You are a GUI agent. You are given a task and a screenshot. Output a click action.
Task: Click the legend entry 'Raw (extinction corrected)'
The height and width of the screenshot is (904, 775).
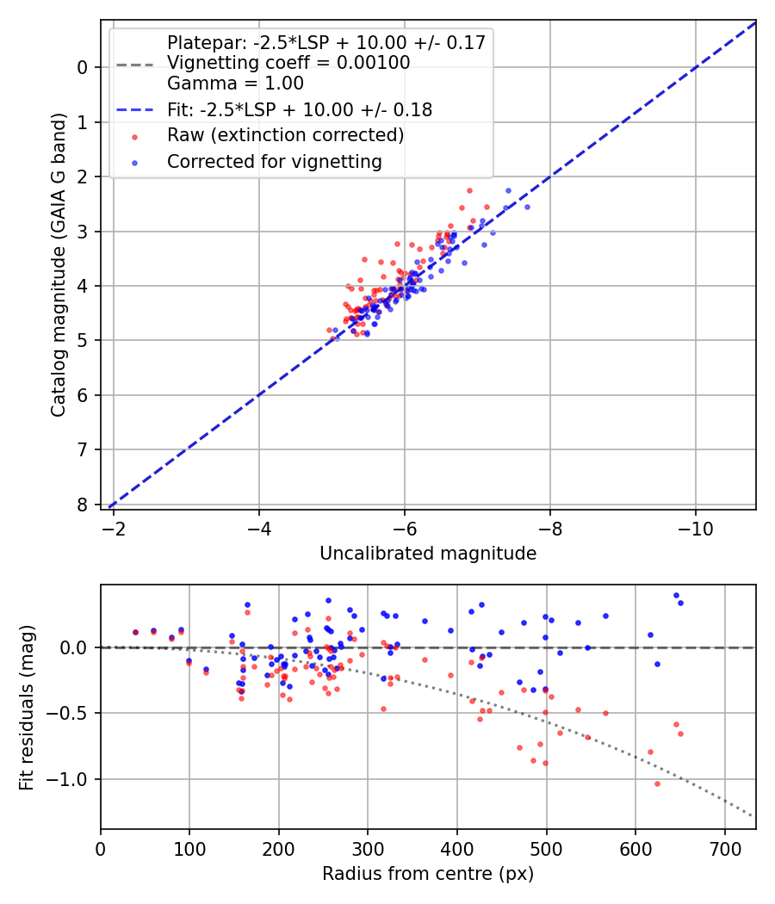pos(285,135)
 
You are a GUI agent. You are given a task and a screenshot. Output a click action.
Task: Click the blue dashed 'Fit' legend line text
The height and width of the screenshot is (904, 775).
pos(300,110)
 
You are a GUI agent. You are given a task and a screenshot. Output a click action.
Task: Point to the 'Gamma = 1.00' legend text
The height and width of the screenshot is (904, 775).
pos(235,84)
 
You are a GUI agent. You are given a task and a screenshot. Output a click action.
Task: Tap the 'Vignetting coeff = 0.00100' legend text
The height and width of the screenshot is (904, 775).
pos(288,63)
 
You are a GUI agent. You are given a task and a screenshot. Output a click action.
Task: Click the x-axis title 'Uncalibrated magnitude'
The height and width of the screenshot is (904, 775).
pos(428,554)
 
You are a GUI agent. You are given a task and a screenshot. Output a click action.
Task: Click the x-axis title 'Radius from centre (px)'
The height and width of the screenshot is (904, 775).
pos(428,874)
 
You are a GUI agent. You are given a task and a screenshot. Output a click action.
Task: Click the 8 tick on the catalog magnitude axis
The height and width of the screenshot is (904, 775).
pos(84,505)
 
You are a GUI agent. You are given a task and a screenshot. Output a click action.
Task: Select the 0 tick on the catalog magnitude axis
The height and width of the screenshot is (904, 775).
pos(84,67)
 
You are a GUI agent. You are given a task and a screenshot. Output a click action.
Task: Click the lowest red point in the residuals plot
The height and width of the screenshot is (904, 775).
pos(657,783)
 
